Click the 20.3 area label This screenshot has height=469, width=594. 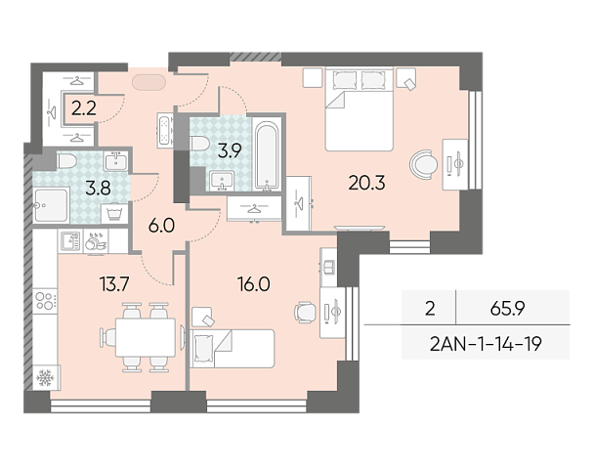point(366,183)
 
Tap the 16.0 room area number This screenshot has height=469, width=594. point(254,284)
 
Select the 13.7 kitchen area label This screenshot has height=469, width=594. point(114,283)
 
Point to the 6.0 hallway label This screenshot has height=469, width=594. point(161,226)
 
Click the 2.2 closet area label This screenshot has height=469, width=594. point(84,108)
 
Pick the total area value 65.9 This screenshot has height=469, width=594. point(507,309)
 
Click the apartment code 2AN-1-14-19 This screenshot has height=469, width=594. point(486,344)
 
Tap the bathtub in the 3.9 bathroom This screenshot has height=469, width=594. point(267,154)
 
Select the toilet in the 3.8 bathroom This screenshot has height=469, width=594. point(66,161)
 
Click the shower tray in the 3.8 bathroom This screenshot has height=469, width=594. point(51,206)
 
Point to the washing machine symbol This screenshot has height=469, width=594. point(114,213)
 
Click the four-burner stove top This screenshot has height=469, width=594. point(45,301)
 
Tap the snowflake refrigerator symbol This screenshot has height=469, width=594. point(46,377)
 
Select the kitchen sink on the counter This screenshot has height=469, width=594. point(70,241)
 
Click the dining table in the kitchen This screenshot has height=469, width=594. point(146,337)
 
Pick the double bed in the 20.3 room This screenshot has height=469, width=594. point(359,109)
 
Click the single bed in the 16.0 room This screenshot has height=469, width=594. point(233,349)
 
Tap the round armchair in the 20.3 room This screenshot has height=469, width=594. point(423,165)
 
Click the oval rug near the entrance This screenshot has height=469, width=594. point(148,82)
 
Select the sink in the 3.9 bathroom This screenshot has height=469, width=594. point(222,181)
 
